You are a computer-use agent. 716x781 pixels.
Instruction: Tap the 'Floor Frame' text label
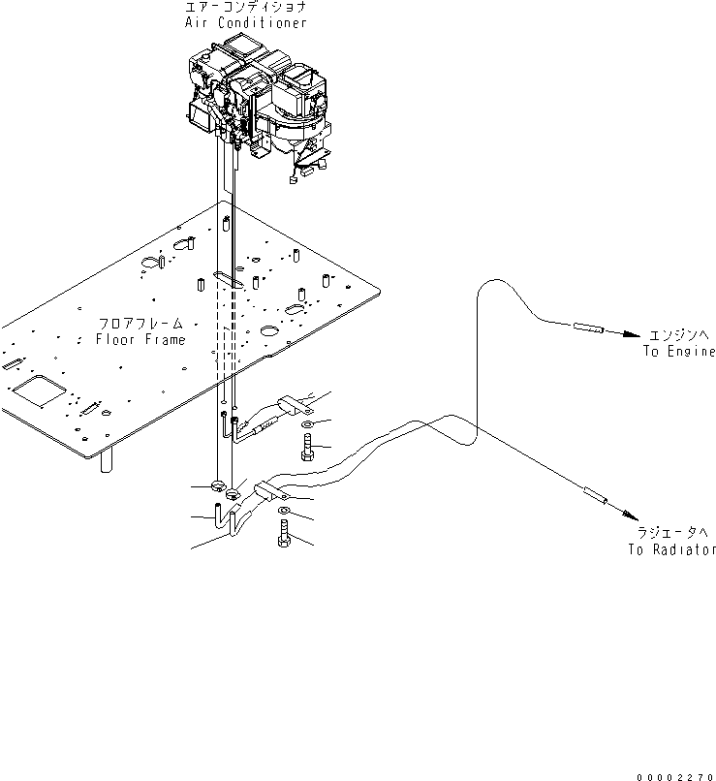(x=140, y=340)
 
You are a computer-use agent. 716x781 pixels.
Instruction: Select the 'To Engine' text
(x=679, y=352)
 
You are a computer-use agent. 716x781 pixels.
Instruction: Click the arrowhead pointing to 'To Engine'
(x=631, y=335)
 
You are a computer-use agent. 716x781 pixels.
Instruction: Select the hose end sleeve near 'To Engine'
(x=586, y=328)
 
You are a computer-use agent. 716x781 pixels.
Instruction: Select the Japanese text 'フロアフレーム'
(x=140, y=324)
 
